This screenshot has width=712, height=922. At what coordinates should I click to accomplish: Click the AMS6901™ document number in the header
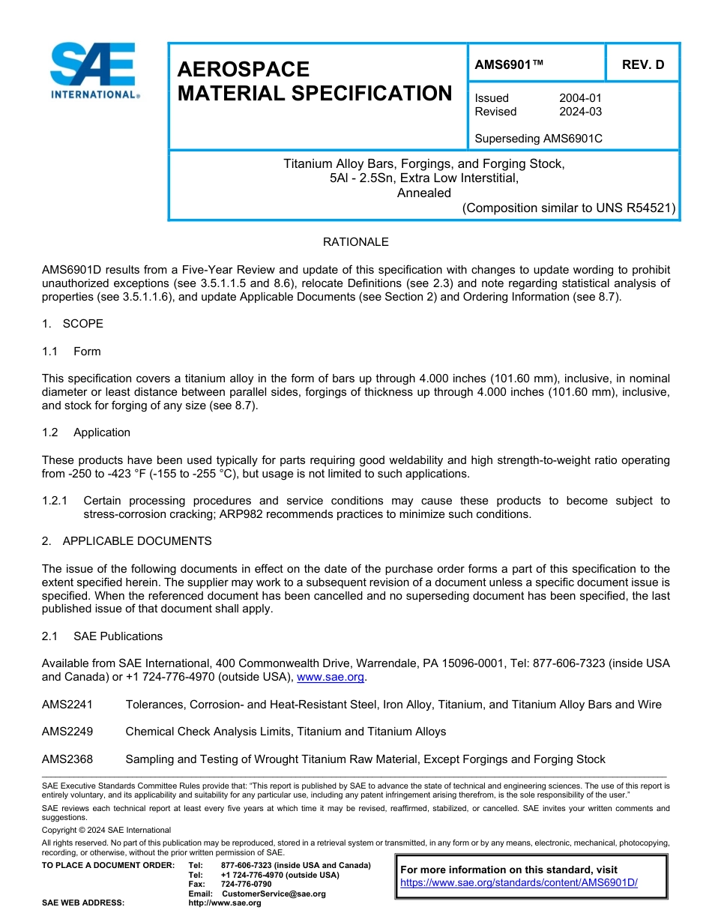[509, 64]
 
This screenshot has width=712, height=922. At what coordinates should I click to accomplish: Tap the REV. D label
[642, 64]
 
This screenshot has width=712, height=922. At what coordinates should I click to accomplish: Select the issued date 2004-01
[580, 98]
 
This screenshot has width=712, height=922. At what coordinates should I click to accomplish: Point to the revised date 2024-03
[580, 112]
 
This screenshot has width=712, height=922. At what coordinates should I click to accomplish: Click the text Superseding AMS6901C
[538, 139]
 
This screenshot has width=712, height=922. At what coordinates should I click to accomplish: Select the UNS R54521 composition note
[569, 208]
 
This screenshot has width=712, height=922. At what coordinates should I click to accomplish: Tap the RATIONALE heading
[355, 242]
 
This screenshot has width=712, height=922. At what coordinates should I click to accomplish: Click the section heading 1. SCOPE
[73, 324]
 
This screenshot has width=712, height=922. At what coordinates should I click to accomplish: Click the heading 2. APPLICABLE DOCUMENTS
[127, 541]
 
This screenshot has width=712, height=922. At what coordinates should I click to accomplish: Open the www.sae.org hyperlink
[331, 677]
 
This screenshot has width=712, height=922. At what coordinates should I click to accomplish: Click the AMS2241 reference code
[67, 705]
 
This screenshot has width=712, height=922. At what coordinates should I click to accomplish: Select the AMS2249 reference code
[67, 732]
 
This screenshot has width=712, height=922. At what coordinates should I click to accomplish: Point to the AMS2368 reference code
[67, 759]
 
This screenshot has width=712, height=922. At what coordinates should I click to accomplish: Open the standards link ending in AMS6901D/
[519, 882]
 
